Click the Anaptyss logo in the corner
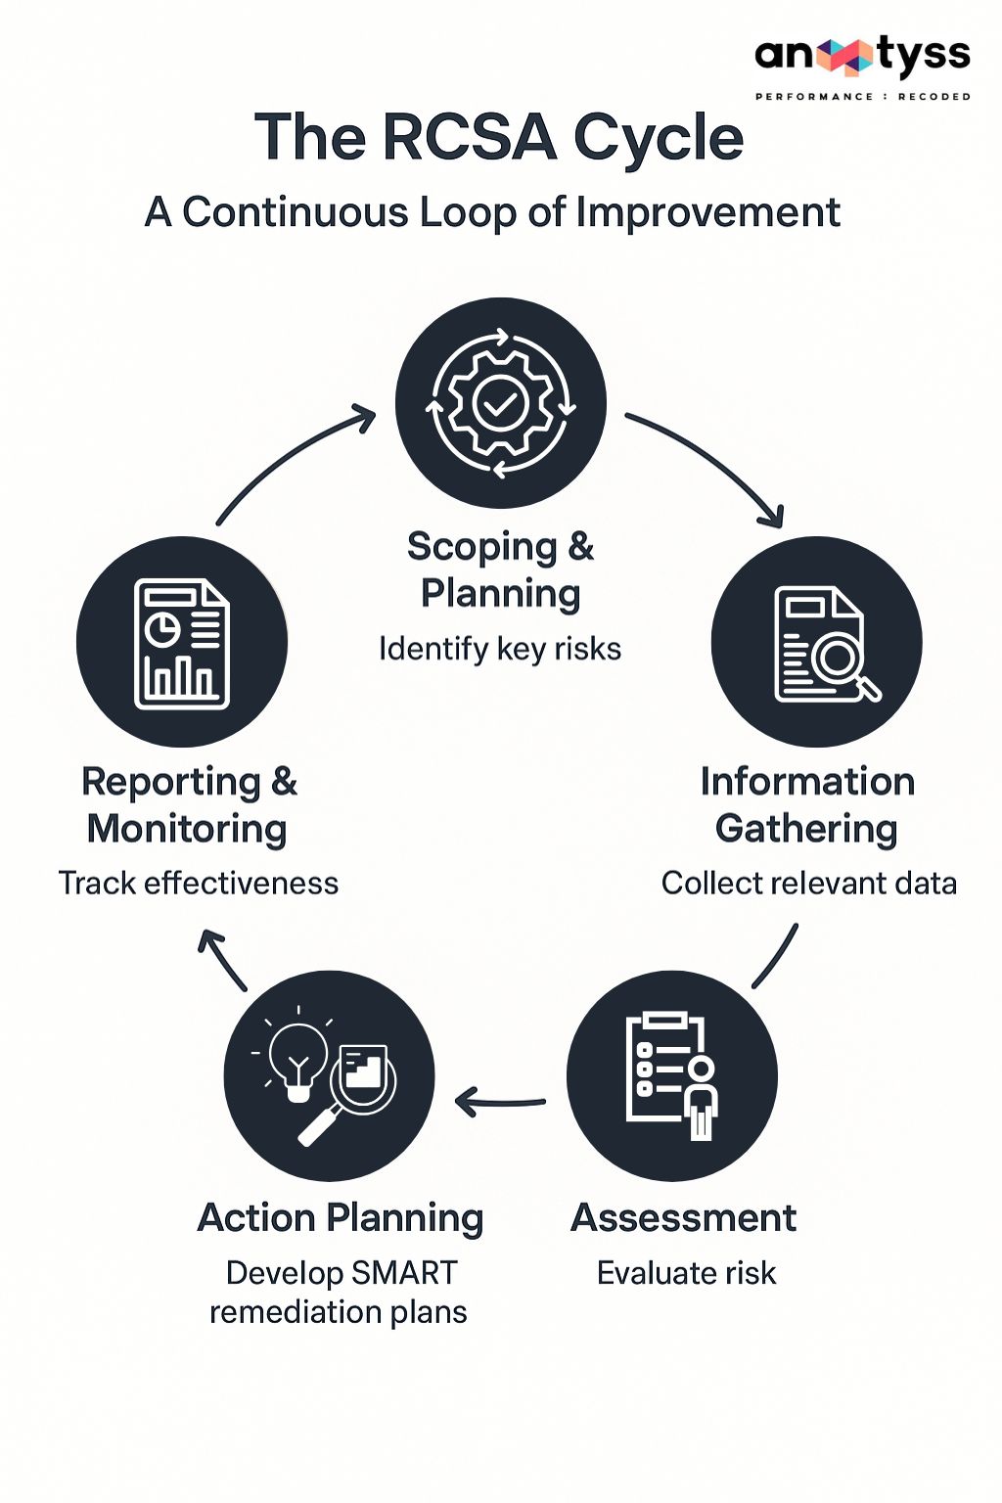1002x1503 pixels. tap(861, 56)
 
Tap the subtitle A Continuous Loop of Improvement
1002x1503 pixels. tap(492, 212)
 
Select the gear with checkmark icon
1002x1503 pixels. tap(501, 403)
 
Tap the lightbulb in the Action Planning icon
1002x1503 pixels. tap(297, 1057)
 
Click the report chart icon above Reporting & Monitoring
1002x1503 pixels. tap(182, 642)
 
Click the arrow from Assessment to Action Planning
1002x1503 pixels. tap(499, 1103)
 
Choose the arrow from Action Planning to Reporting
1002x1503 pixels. tap(222, 959)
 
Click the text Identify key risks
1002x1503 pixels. tap(500, 649)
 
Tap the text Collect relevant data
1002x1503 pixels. tap(808, 883)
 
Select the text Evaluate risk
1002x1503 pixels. tap(686, 1273)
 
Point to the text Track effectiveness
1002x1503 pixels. tap(199, 883)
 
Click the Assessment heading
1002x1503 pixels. tap(684, 1218)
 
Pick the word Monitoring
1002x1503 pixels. tap(187, 829)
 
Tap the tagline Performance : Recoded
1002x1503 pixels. tap(862, 97)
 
